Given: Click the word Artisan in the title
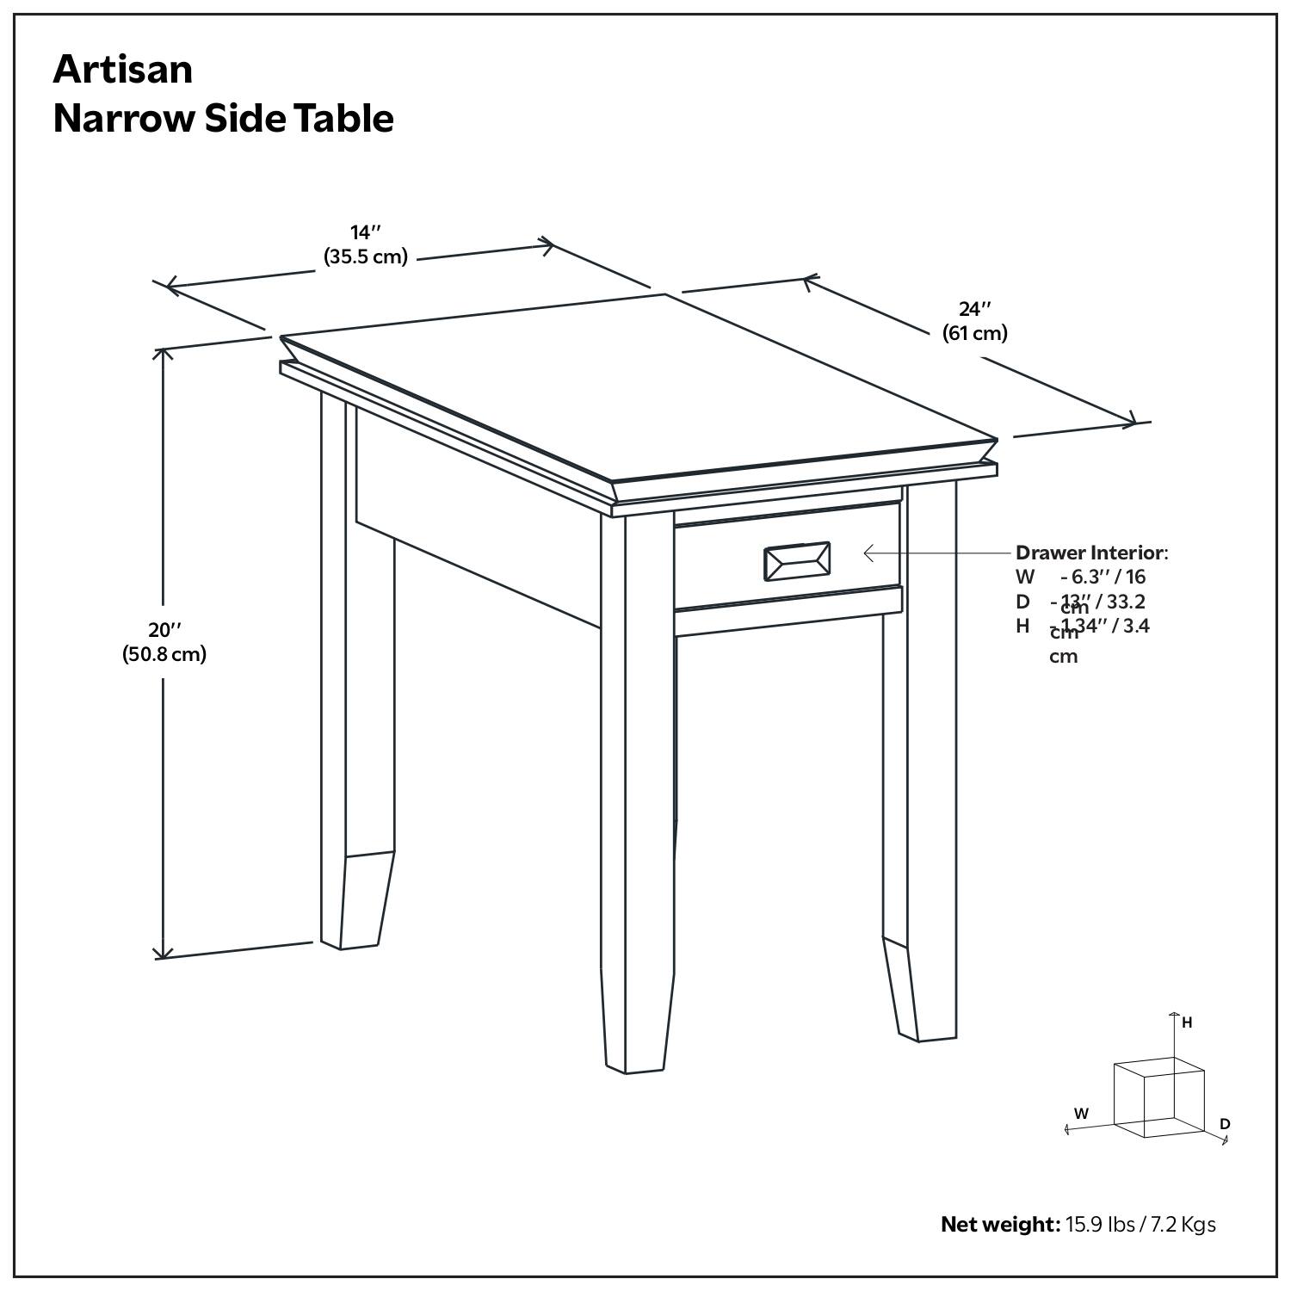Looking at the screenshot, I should click(123, 69).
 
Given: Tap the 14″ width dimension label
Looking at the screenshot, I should click(365, 232).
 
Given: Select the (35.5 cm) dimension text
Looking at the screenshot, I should click(365, 256).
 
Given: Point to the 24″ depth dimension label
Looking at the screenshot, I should click(974, 309).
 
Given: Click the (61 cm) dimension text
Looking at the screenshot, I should click(974, 333).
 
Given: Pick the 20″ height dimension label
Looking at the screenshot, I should click(164, 630).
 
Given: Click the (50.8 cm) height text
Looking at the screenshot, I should click(164, 654).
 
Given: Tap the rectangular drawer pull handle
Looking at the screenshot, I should click(797, 561).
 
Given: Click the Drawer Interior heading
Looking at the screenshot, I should click(1090, 553).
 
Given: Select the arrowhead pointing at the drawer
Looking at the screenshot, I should click(868, 553).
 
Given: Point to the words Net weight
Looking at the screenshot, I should click(999, 1224).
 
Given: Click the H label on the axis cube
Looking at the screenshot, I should click(1187, 1022).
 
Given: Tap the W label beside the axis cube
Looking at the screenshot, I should click(1081, 1113).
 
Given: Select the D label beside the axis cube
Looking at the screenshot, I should click(1225, 1124).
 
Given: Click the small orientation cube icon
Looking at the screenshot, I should click(1158, 1097).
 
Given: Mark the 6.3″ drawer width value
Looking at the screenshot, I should click(1086, 577).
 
